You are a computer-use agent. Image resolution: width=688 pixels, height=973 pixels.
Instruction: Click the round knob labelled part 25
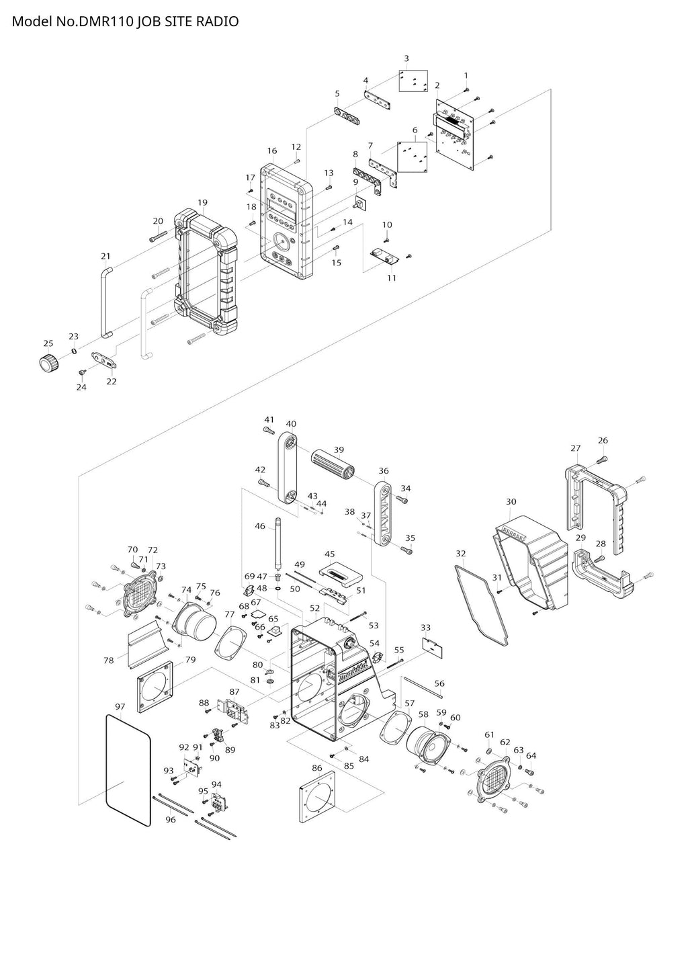[48, 363]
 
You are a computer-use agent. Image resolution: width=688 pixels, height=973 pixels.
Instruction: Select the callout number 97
[120, 706]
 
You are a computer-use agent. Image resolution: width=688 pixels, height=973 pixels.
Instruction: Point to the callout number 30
[511, 502]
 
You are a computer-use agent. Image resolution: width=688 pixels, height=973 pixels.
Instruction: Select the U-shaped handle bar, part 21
[104, 301]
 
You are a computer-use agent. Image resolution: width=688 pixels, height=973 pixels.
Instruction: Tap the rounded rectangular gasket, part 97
[128, 770]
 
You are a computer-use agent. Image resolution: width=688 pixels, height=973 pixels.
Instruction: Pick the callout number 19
[202, 202]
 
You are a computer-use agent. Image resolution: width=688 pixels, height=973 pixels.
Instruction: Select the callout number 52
[314, 607]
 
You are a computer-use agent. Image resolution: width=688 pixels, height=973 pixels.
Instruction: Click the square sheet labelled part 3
[414, 81]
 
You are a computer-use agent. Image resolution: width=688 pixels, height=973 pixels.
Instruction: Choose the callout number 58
[423, 714]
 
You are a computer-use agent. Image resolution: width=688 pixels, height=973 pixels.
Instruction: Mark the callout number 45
[329, 554]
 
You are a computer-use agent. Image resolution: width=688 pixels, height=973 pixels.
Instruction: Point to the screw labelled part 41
[269, 427]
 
